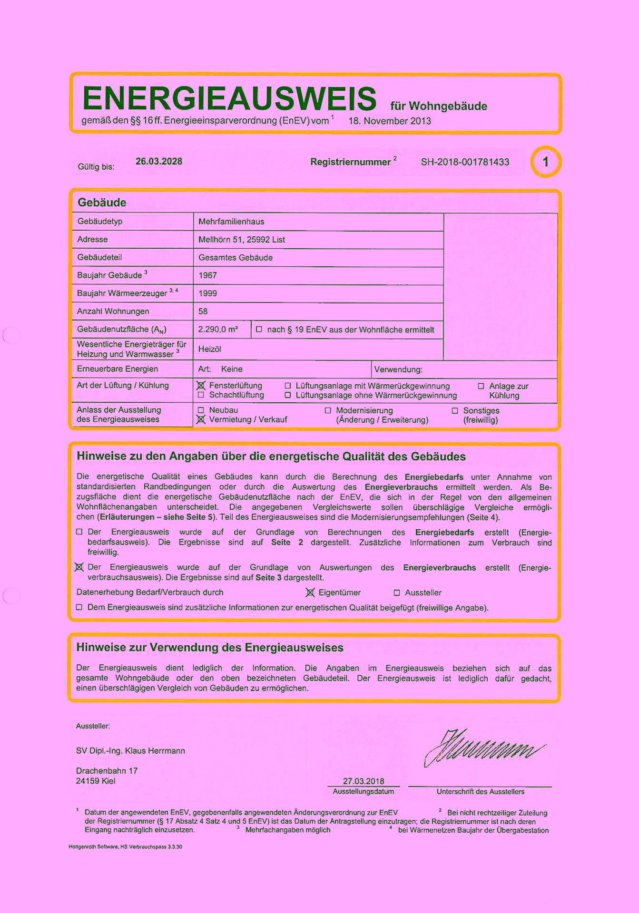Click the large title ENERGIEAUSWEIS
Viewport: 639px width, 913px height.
(229, 98)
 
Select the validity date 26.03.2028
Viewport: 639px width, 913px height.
(159, 162)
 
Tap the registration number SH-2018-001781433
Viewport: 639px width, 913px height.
(465, 162)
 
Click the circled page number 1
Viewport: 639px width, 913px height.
(546, 162)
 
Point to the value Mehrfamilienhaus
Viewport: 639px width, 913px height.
(231, 222)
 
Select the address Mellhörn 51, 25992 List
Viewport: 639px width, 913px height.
(242, 240)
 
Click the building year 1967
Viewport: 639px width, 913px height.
(207, 275)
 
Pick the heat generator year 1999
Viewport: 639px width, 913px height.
(207, 293)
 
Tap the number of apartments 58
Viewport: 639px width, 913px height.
(203, 311)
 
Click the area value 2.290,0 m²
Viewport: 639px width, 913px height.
(218, 329)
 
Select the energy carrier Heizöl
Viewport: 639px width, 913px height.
(210, 349)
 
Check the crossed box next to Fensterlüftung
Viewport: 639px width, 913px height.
(201, 386)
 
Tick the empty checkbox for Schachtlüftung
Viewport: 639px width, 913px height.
(201, 395)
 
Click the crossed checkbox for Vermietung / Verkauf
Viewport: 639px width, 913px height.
(201, 419)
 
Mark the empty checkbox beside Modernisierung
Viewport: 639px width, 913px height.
(328, 410)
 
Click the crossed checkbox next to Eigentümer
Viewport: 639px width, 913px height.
(310, 592)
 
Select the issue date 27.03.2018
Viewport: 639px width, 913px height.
(364, 781)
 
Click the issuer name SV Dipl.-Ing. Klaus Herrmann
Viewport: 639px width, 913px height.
(130, 751)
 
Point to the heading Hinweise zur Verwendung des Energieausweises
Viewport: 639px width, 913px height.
(210, 648)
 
